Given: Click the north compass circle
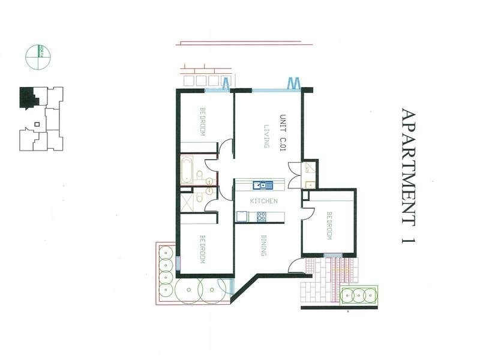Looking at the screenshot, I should (38, 58).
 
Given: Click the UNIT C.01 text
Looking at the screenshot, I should (283, 131).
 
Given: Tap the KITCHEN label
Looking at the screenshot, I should (263, 201).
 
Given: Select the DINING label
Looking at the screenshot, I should (263, 245).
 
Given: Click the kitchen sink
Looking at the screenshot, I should (262, 185).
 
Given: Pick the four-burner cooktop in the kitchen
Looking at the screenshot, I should (262, 217).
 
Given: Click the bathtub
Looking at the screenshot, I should (186, 170).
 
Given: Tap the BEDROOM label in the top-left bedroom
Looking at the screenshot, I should (203, 122).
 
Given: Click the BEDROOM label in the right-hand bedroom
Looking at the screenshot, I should (329, 226).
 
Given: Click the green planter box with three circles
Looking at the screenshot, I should (358, 295).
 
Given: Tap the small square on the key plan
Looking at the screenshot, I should (37, 124).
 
